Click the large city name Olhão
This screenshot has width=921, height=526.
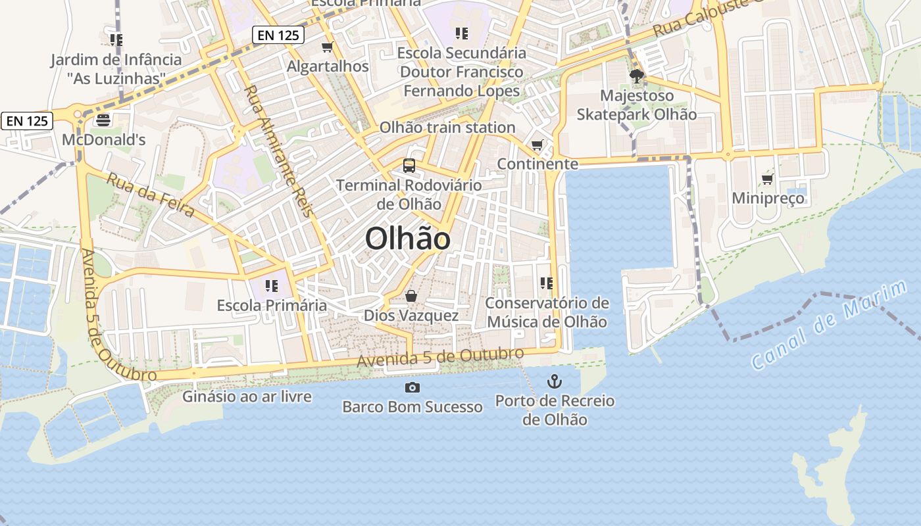pos(408,239)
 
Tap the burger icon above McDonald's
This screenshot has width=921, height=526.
pos(103,120)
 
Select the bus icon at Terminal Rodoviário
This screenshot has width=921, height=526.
pos(409,165)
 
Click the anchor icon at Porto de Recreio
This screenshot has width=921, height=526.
pos(555,381)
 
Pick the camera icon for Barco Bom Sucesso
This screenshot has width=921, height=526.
pos(412,387)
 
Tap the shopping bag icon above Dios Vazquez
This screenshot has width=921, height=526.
pos(411,296)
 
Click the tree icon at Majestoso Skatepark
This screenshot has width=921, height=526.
pos(636,76)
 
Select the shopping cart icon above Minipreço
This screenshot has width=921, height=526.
pos(767,179)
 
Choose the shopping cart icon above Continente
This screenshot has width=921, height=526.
pos(537,145)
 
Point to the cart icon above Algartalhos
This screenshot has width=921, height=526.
pos(328,47)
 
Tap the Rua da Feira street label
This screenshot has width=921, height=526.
pos(151,195)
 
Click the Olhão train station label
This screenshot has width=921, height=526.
pos(447,128)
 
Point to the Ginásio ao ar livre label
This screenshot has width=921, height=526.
pos(247,396)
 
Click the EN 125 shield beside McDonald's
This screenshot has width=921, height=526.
pos(27,121)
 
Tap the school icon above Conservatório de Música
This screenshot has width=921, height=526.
pos(546,283)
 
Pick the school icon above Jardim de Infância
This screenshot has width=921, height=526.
pos(116,40)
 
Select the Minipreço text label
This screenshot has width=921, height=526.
pos(768,198)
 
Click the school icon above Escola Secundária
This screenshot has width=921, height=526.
pos(461,33)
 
